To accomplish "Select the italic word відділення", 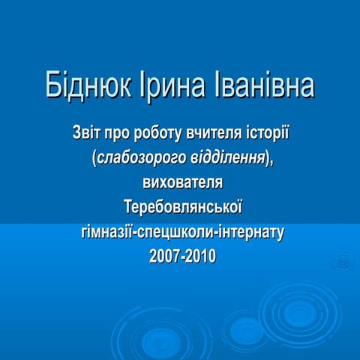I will [x=226, y=160].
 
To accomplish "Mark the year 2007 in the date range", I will [x=165, y=256].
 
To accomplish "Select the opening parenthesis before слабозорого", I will [x=92, y=160].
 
